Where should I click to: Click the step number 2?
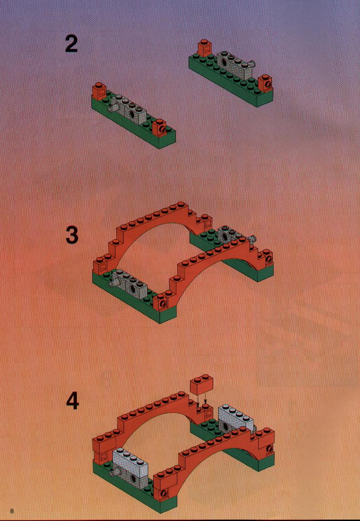point(71,44)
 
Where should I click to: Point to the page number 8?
point(12,511)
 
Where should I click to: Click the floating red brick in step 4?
point(201,385)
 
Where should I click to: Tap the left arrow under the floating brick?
point(198,400)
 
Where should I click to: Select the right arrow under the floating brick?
point(206,399)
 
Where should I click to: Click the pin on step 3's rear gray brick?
point(253,238)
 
